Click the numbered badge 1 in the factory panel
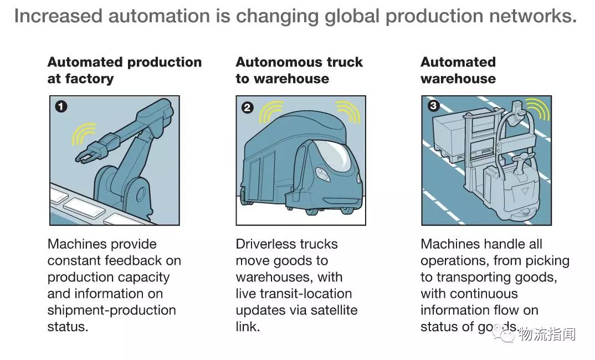(x=60, y=106)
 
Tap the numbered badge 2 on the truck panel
(x=248, y=107)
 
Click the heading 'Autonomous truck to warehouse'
(x=299, y=70)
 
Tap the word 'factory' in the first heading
(x=88, y=79)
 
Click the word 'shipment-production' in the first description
(x=111, y=310)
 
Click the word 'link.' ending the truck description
(x=248, y=327)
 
